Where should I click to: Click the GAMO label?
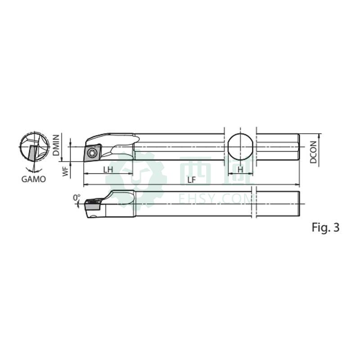click(33, 179)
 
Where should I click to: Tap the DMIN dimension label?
click(56, 145)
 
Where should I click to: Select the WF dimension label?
click(66, 171)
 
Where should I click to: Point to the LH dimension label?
click(108, 170)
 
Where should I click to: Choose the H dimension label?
click(240, 170)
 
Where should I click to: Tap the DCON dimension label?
click(313, 152)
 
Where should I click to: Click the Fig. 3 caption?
click(325, 227)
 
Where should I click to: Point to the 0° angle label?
click(76, 198)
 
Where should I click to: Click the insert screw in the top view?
click(93, 153)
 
